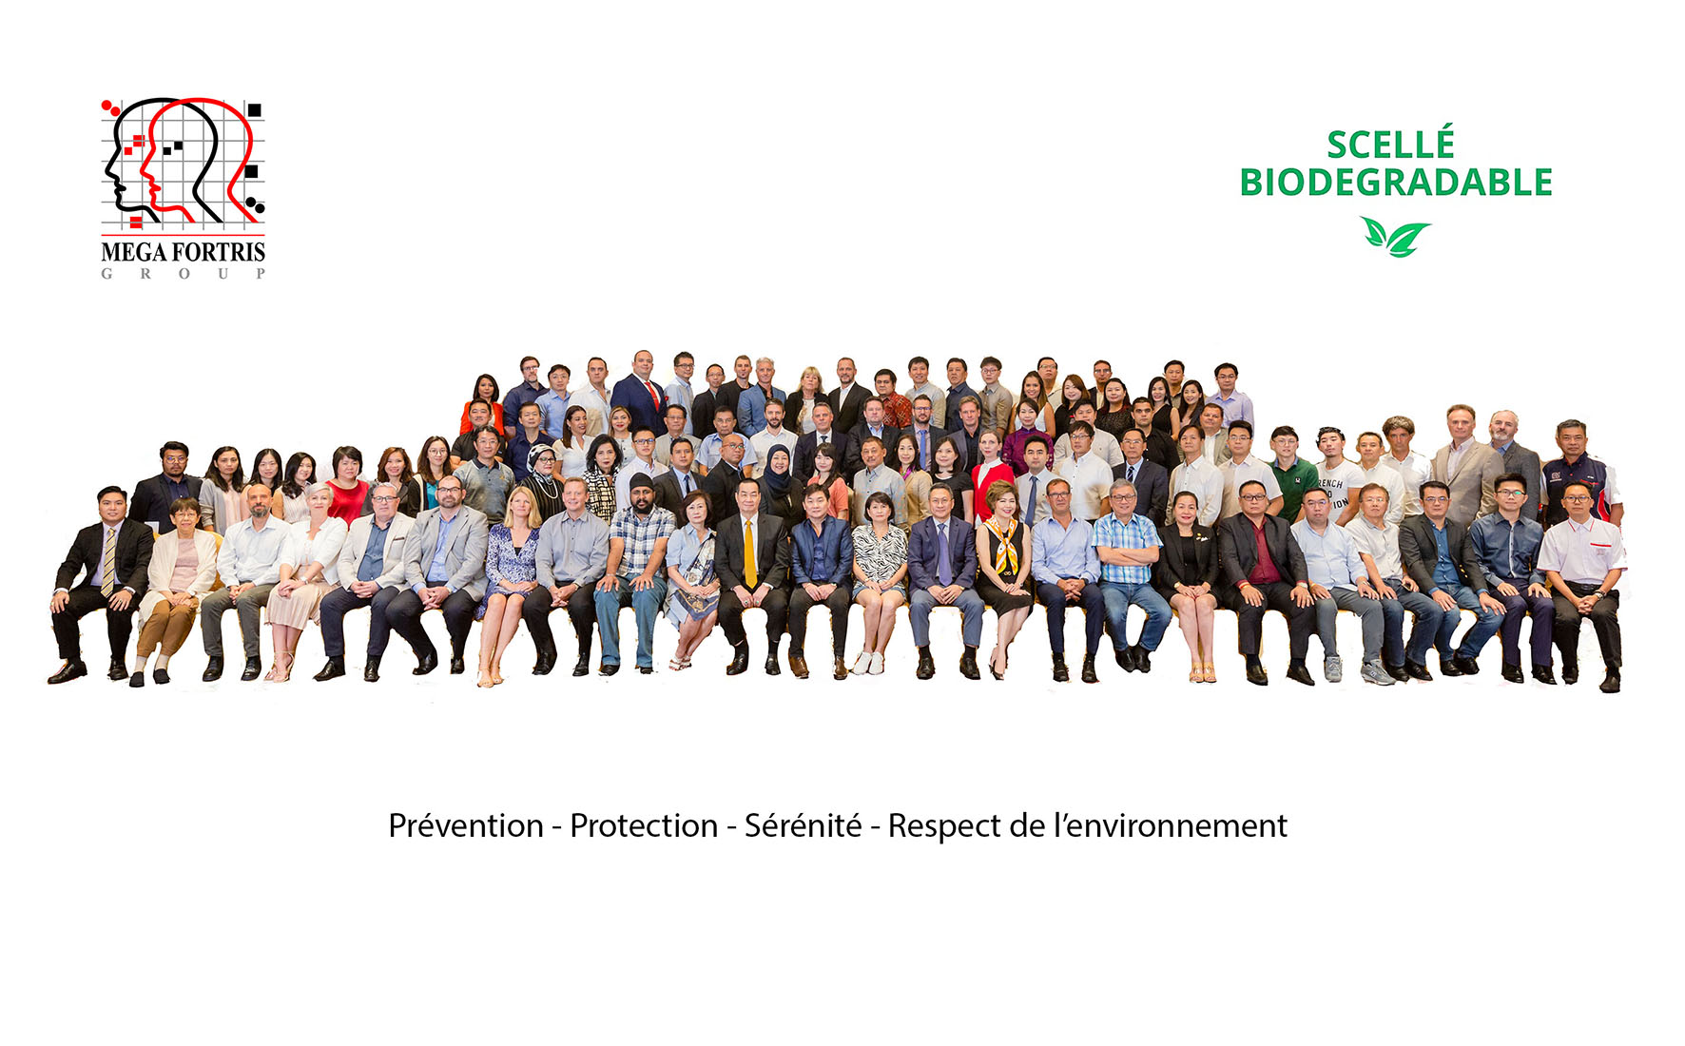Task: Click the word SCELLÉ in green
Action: click(x=1390, y=145)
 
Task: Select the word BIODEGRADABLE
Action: click(x=1396, y=182)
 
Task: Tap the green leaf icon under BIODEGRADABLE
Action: click(x=1395, y=237)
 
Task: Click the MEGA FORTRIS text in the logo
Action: click(x=183, y=252)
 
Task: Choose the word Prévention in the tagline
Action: click(x=466, y=825)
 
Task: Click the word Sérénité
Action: click(x=803, y=825)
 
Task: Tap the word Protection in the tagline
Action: click(x=644, y=825)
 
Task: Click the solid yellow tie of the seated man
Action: click(x=749, y=552)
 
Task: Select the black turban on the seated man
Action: click(x=643, y=482)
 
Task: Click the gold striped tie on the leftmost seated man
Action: click(x=109, y=560)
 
